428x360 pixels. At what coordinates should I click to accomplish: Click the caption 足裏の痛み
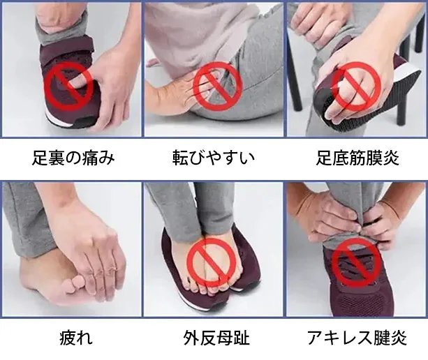point(73,158)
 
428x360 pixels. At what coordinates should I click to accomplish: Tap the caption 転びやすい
point(214,158)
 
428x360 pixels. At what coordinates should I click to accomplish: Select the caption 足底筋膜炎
point(357,158)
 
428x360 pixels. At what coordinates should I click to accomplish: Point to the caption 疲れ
point(76,338)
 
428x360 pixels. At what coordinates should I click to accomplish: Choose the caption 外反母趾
point(216,338)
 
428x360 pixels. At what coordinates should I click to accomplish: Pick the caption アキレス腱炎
point(357,338)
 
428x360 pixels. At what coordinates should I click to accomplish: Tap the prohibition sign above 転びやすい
point(218,87)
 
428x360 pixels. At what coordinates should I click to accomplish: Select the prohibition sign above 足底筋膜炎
point(357,86)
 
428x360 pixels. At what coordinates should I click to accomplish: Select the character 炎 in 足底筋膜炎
point(391,158)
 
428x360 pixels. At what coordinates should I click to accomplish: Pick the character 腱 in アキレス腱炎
point(382,338)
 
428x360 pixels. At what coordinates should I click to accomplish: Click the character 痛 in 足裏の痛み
point(89,158)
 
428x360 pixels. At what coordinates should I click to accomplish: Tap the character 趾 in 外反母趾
point(242,338)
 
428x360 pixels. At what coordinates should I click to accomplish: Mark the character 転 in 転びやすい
point(181,158)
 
